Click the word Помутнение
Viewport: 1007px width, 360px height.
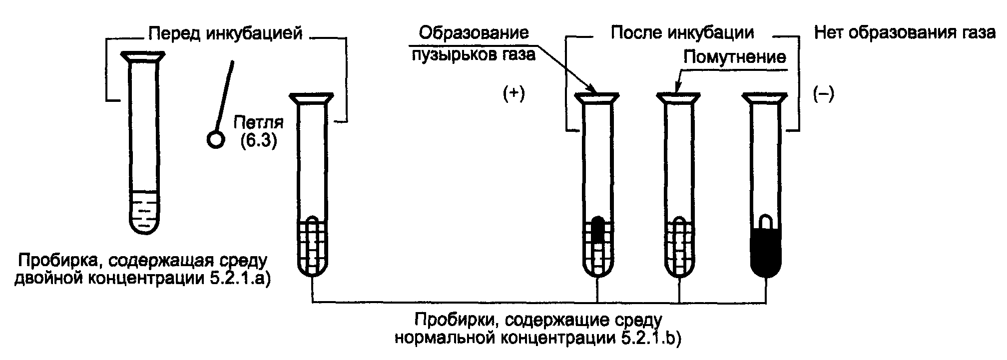[x=735, y=57]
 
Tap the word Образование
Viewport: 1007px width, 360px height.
[x=474, y=33]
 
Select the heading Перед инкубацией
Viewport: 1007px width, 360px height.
[x=226, y=33]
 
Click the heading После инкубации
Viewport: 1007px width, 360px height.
[x=682, y=33]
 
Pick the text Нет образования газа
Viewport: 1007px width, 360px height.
[x=904, y=33]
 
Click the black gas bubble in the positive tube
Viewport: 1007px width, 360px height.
[x=598, y=230]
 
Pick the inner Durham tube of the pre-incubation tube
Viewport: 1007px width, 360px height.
[x=312, y=245]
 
